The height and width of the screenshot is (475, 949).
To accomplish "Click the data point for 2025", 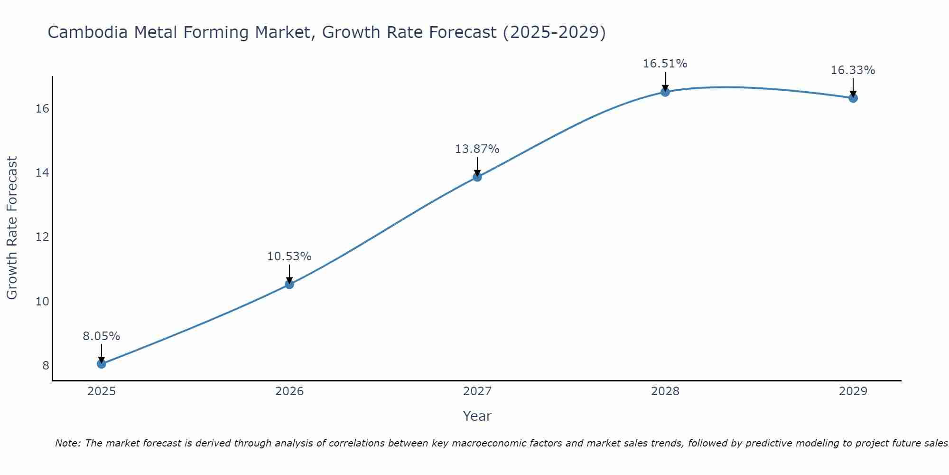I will pyautogui.click(x=102, y=364).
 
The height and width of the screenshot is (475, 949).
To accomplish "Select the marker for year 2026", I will pyautogui.click(x=289, y=285).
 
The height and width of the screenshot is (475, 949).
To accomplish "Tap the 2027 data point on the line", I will pyautogui.click(x=477, y=177).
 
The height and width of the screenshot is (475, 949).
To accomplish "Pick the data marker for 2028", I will pyautogui.click(x=665, y=92).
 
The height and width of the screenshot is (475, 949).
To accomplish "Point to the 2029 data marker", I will pyautogui.click(x=853, y=98).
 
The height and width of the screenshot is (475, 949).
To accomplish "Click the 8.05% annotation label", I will pyautogui.click(x=102, y=336).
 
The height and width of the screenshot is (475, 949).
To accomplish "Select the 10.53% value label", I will pyautogui.click(x=289, y=256).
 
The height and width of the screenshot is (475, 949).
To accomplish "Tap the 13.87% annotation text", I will pyautogui.click(x=477, y=149).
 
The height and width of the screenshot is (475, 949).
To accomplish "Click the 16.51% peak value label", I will pyautogui.click(x=665, y=64).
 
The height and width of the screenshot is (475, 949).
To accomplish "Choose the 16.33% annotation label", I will pyautogui.click(x=853, y=70).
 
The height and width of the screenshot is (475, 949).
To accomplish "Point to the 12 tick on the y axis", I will pyautogui.click(x=43, y=237).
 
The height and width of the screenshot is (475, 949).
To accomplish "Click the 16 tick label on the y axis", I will pyautogui.click(x=43, y=109).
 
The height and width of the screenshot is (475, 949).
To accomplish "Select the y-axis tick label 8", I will pyautogui.click(x=46, y=365).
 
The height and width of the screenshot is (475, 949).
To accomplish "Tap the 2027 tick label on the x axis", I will pyautogui.click(x=477, y=391).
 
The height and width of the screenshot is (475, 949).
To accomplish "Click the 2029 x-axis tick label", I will pyautogui.click(x=853, y=391).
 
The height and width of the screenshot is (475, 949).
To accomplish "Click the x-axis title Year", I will pyautogui.click(x=477, y=416).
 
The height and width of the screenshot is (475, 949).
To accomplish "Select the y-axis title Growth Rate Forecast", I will pyautogui.click(x=12, y=228).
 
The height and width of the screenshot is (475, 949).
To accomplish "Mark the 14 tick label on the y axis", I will pyautogui.click(x=43, y=173).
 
